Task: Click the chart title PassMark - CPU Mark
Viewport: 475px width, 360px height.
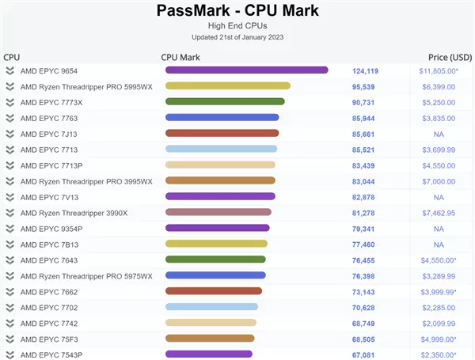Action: pos(237,10)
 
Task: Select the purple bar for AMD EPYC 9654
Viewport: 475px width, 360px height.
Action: pos(246,70)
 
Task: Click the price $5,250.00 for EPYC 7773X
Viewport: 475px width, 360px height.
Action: pos(438,102)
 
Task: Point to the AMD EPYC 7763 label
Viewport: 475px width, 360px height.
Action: pos(49,118)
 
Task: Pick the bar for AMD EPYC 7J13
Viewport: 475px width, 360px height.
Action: pos(222,134)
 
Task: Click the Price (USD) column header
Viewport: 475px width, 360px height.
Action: pos(449,57)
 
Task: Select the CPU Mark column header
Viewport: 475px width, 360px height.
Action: pos(180,57)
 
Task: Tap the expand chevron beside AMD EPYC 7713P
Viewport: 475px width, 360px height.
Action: pos(9,165)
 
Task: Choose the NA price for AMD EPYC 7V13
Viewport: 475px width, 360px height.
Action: pos(438,197)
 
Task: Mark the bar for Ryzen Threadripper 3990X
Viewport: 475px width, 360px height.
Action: pos(218,213)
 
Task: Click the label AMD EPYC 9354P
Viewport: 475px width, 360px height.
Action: pos(51,229)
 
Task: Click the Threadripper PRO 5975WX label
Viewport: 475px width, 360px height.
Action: pos(86,275)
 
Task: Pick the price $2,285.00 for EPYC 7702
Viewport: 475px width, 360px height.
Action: pos(438,307)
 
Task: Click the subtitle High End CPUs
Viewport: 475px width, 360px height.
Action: pos(237,25)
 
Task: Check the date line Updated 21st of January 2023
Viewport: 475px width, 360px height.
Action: pos(237,37)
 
